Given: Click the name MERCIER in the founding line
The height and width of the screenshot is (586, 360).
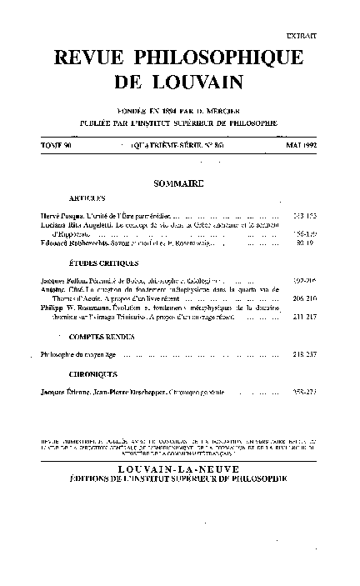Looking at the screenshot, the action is click(x=225, y=112).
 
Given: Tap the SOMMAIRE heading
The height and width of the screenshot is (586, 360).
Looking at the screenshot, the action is click(x=179, y=183).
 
